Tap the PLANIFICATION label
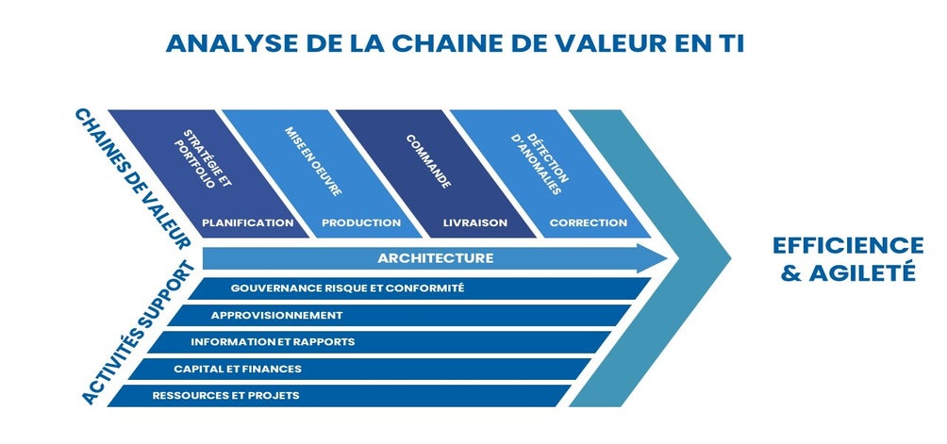click(x=248, y=222)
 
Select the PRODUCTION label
click(x=361, y=222)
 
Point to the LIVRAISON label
click(x=475, y=222)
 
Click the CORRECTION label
click(x=589, y=222)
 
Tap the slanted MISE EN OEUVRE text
click(x=313, y=161)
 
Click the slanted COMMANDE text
click(x=428, y=161)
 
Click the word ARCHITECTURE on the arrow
click(x=436, y=258)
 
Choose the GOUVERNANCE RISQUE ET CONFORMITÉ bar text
click(x=347, y=288)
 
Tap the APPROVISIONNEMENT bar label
click(x=276, y=315)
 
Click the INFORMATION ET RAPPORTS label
click(x=273, y=341)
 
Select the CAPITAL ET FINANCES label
click(x=238, y=369)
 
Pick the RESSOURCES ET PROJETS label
click(x=225, y=396)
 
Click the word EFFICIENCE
click(x=848, y=245)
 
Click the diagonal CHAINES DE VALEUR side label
click(x=133, y=179)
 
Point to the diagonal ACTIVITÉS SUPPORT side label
click(x=139, y=333)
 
